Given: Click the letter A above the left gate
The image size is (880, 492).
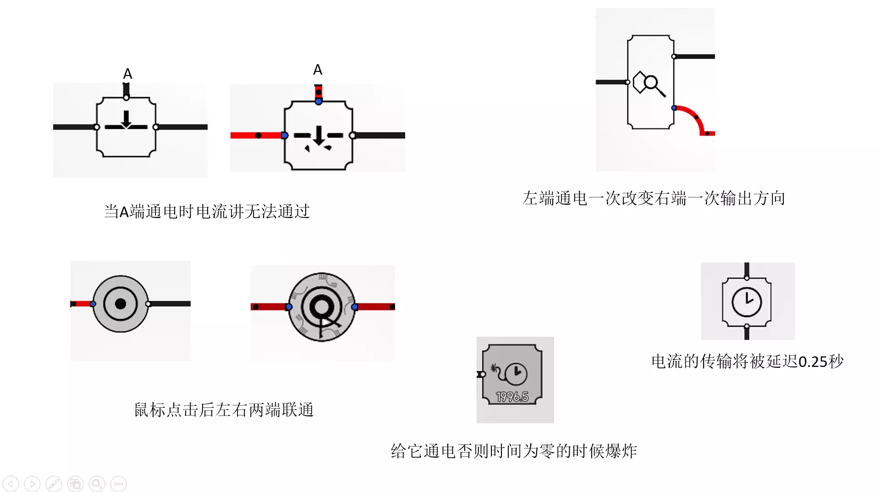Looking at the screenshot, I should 127,74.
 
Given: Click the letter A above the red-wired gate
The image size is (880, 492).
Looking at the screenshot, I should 318,70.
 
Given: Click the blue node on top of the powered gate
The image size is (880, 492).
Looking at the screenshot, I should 319,101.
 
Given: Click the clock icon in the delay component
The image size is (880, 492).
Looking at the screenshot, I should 747,302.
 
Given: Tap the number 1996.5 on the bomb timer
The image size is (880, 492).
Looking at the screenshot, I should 512,397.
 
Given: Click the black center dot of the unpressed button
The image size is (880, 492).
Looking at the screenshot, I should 121,304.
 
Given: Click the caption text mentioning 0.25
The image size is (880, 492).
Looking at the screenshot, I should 747,361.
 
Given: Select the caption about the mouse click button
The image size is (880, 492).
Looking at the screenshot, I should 224,410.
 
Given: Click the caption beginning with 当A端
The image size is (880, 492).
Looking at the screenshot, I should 207,212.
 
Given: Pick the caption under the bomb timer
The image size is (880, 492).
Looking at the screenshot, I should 514,451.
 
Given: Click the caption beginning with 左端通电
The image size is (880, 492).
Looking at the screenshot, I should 654,198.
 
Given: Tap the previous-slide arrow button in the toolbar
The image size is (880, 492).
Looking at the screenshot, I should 11,484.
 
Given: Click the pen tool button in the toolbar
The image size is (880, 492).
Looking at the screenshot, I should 54,484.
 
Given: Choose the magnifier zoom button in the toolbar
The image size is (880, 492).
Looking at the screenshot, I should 97,484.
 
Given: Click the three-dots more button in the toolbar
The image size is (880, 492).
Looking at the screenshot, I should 118,484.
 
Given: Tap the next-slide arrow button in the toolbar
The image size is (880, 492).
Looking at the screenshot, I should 32,484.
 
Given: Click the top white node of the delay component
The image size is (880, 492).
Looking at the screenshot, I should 747,278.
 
